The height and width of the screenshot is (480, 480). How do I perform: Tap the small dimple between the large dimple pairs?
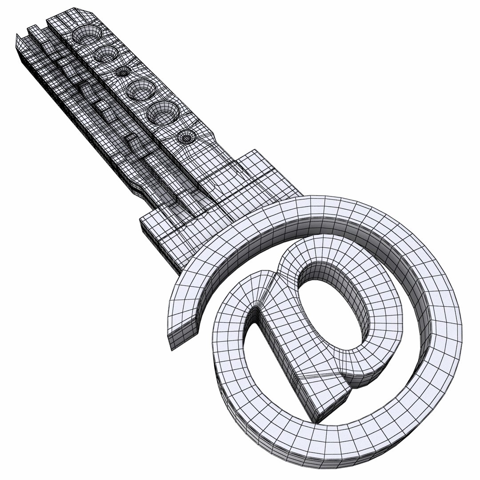[122, 71]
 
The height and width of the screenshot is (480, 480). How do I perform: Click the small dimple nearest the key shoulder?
[186, 137]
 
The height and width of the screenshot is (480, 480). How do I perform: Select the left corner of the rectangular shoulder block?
[142, 220]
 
